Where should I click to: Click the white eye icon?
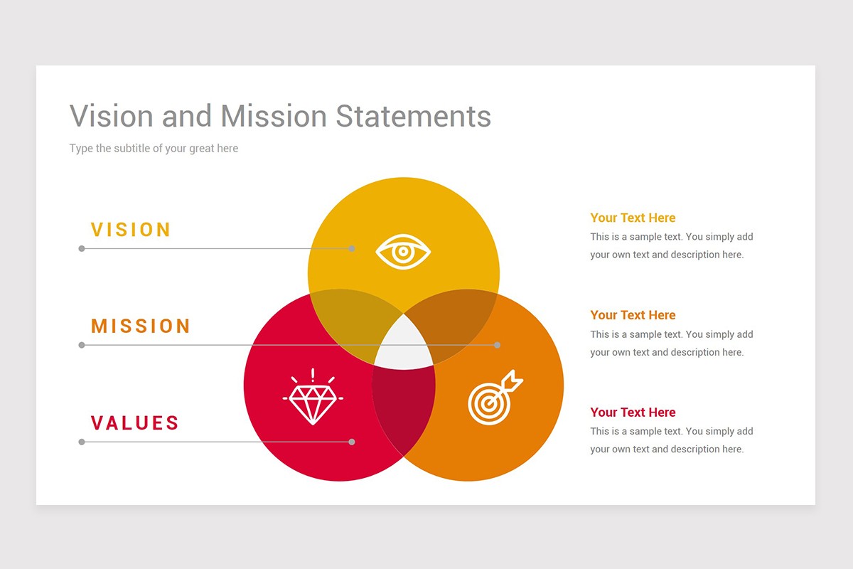[x=403, y=252]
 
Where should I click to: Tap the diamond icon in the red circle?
[x=313, y=397]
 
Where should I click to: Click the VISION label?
[x=131, y=230]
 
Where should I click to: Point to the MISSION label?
[x=141, y=326]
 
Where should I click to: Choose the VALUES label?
[x=135, y=422]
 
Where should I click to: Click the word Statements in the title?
[x=413, y=116]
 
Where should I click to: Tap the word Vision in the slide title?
[x=111, y=116]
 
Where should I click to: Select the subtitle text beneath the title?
[x=154, y=148]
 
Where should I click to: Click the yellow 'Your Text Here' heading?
[x=633, y=218]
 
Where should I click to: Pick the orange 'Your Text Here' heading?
[x=633, y=315]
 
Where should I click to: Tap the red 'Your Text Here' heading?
[x=633, y=412]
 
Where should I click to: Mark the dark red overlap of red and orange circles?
[x=404, y=408]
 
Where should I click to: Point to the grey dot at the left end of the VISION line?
[x=82, y=248]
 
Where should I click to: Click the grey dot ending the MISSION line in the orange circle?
[x=497, y=345]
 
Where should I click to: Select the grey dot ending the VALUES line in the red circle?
[x=352, y=442]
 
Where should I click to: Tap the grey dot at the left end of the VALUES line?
[x=82, y=442]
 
